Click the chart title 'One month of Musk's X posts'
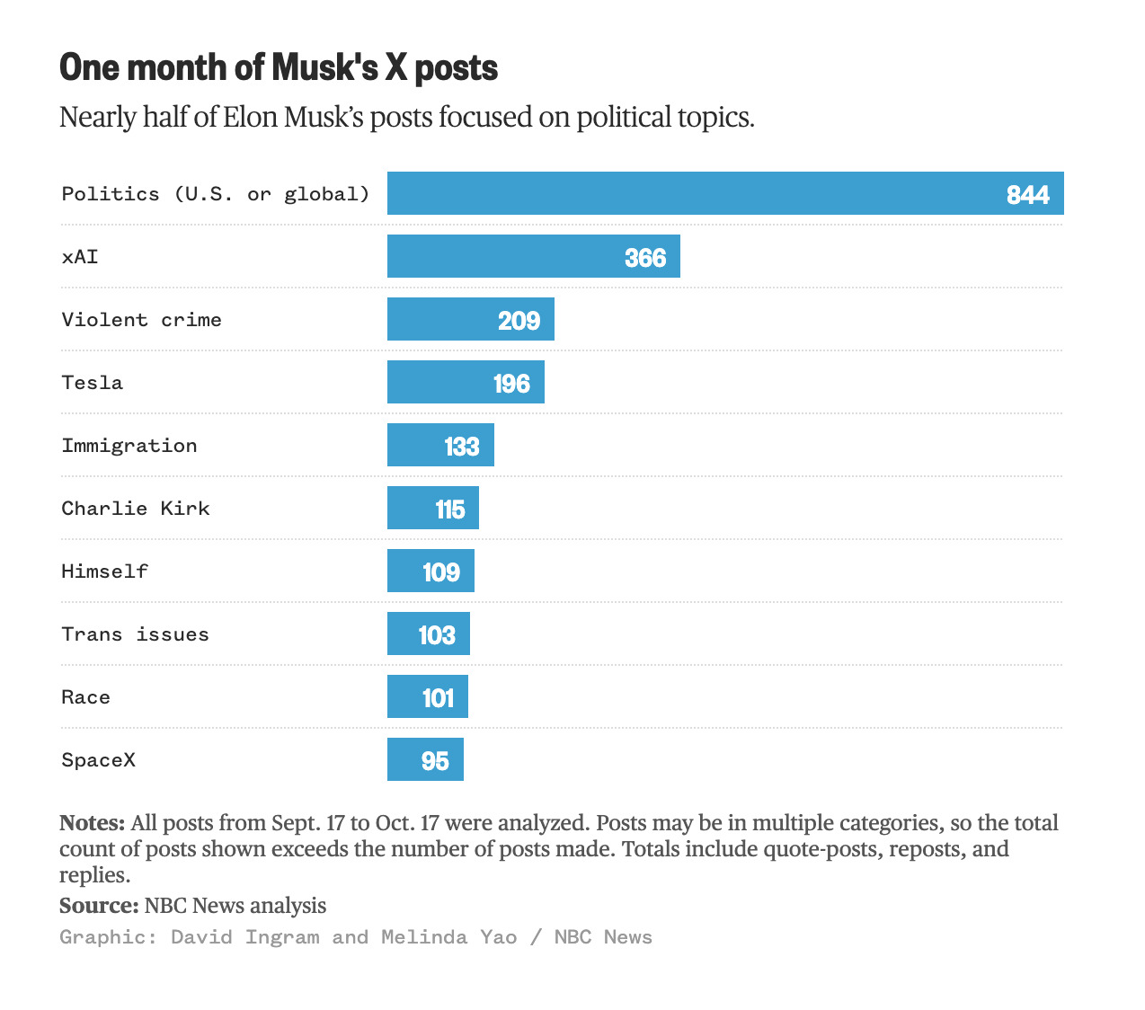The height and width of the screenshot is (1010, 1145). tap(279, 68)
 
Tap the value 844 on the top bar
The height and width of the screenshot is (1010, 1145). tap(1027, 195)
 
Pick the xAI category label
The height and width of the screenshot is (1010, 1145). tap(80, 257)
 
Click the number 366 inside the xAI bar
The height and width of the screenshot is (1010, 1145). tap(645, 258)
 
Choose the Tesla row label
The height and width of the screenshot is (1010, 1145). tap(93, 383)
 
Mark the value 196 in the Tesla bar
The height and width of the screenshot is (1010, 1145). tap(511, 384)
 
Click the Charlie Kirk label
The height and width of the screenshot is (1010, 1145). tap(136, 509)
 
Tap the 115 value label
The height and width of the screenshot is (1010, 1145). tap(450, 509)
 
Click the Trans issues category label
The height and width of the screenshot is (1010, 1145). tap(135, 634)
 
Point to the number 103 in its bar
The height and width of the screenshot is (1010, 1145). tap(437, 635)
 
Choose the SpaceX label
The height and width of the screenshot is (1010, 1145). tap(99, 760)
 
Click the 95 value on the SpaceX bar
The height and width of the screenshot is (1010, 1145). tap(435, 761)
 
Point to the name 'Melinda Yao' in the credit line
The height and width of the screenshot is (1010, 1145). tap(449, 937)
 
